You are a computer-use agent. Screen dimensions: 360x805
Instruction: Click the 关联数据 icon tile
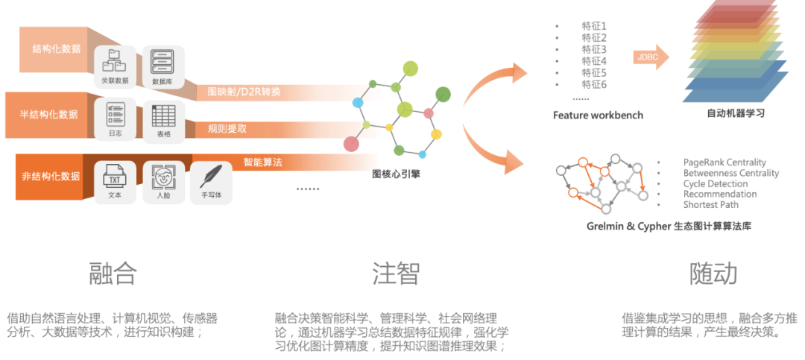(x=115, y=66)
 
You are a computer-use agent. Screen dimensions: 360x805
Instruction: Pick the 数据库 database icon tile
(x=163, y=66)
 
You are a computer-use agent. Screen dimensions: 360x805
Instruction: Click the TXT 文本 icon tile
(x=115, y=183)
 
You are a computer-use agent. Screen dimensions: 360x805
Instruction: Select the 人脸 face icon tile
(x=163, y=183)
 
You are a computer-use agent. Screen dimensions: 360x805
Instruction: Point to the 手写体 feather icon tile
(x=212, y=183)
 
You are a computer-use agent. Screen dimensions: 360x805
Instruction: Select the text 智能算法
(x=262, y=162)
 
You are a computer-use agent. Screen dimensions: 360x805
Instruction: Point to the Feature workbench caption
(x=598, y=115)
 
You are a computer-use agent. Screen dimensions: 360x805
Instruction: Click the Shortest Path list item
(x=710, y=204)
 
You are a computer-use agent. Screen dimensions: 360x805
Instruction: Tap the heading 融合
(x=113, y=274)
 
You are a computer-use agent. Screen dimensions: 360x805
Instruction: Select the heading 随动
(x=713, y=274)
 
